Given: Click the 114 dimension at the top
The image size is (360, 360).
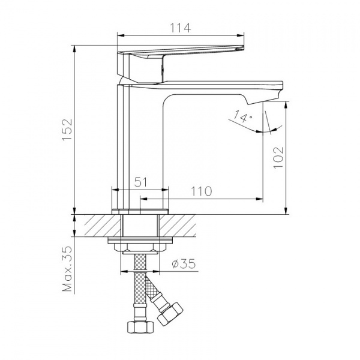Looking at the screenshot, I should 180,28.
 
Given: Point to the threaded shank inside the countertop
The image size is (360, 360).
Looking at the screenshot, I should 140,227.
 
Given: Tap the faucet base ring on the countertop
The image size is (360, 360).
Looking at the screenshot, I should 140,211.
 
